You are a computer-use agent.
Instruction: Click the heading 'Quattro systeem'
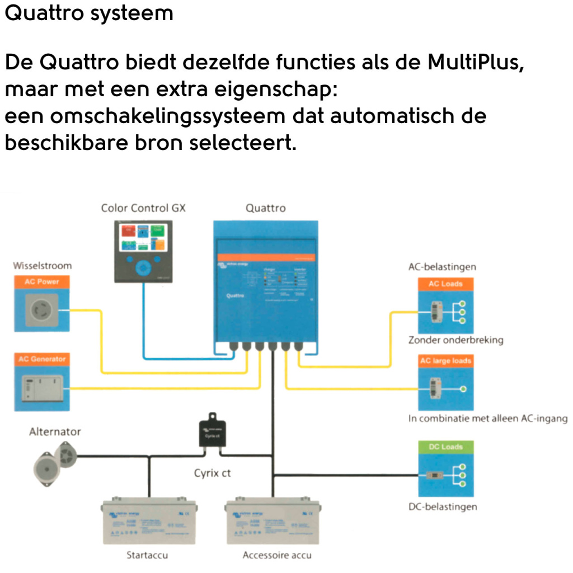click(89, 14)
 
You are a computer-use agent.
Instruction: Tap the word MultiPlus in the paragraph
click(476, 62)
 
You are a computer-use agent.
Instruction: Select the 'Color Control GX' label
click(143, 208)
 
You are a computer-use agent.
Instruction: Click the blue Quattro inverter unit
click(266, 283)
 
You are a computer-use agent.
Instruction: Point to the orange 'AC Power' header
click(41, 282)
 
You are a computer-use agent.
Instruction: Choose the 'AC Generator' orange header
click(41, 359)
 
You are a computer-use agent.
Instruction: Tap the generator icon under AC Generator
click(41, 387)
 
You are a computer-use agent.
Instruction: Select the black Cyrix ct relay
click(212, 432)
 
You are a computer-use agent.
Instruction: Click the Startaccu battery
click(148, 520)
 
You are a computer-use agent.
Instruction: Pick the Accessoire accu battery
click(273, 520)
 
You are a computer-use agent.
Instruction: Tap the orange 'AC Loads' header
click(445, 284)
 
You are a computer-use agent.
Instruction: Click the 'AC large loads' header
click(445, 361)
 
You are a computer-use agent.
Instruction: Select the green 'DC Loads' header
click(445, 447)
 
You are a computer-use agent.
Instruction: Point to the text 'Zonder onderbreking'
click(455, 340)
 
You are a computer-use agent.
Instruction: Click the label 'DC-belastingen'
click(443, 506)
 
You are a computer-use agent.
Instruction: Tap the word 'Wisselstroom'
click(43, 266)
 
